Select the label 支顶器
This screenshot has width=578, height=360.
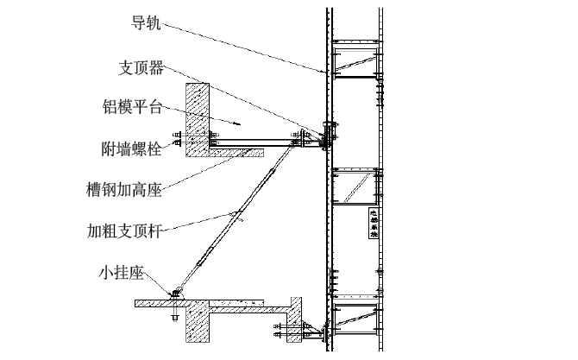pyautogui.click(x=141, y=66)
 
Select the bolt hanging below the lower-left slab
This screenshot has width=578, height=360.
pyautogui.click(x=175, y=315)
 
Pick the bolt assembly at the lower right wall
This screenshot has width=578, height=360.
pyautogui.click(x=285, y=331)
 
